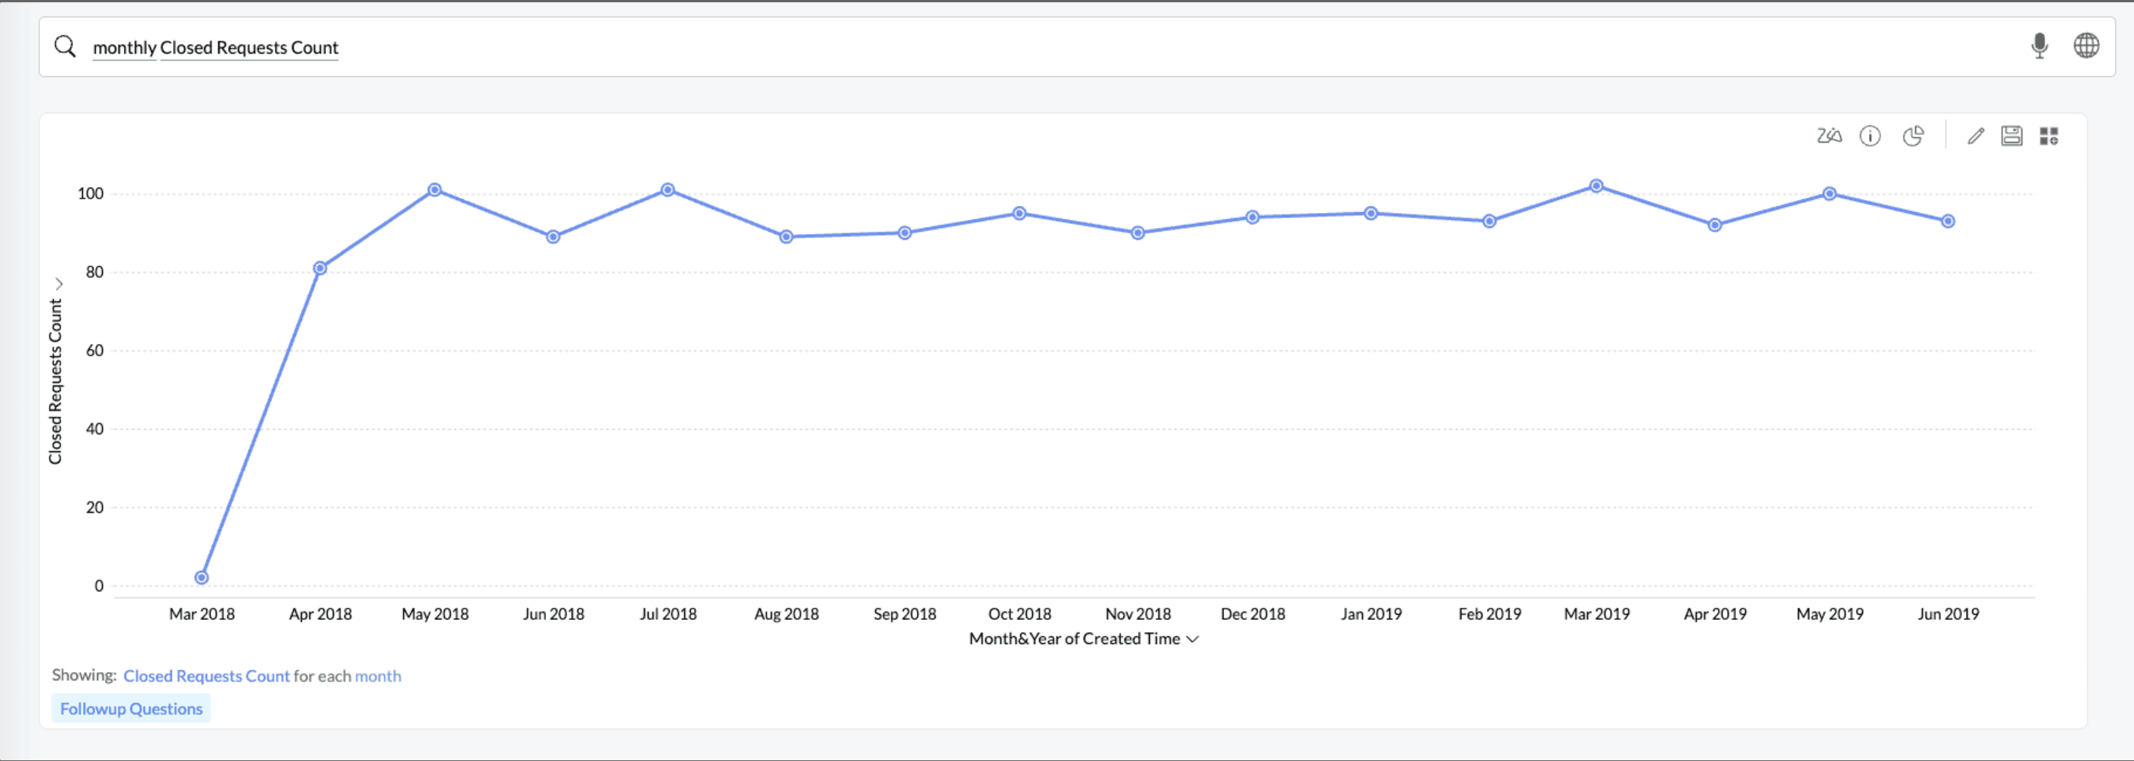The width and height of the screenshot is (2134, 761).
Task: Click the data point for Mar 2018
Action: [x=202, y=578]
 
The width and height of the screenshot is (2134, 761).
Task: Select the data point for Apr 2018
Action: [x=319, y=267]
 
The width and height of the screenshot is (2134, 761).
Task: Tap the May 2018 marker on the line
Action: [x=435, y=189]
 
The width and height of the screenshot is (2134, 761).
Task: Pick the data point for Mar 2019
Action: [x=1596, y=186]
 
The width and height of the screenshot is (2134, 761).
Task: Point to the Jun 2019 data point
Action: [x=1947, y=221]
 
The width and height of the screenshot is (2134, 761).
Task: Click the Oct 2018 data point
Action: [x=1019, y=213]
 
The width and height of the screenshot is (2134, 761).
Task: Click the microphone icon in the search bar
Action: [x=2039, y=46]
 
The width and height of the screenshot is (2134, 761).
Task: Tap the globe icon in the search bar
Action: [x=2086, y=46]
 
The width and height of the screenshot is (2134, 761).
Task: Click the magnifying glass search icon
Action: [x=65, y=46]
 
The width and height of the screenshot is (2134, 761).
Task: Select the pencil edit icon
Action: [x=1975, y=136]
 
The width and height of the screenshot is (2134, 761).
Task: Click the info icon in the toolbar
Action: [x=1870, y=136]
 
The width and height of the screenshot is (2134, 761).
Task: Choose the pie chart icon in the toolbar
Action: [x=1913, y=136]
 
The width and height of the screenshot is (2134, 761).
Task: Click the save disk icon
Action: [x=2012, y=136]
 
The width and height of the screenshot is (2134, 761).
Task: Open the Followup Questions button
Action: [x=131, y=709]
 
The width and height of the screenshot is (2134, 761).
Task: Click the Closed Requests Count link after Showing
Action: [x=206, y=676]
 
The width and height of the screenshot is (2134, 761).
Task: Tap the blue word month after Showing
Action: [x=378, y=676]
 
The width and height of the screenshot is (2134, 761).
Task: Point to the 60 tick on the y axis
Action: [x=94, y=350]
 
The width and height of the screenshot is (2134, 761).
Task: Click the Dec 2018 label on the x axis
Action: [x=1253, y=614]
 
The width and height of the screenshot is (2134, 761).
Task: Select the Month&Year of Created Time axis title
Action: [x=1075, y=639]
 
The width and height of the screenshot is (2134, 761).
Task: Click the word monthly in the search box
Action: [x=125, y=48]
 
